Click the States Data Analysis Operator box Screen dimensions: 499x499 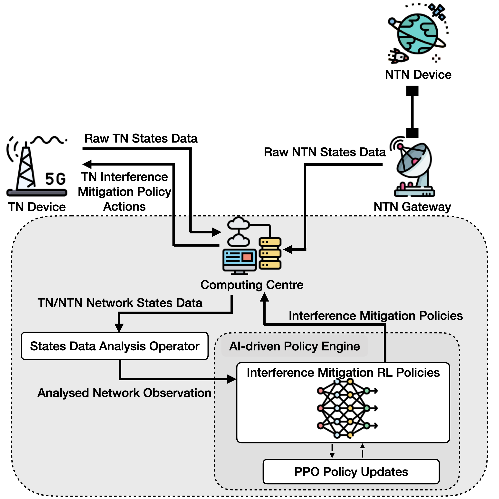click(x=115, y=346)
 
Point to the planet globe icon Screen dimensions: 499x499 click(x=418, y=34)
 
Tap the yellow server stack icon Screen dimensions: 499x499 click(x=270, y=253)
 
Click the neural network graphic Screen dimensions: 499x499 click(x=347, y=408)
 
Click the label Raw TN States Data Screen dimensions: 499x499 click(x=141, y=138)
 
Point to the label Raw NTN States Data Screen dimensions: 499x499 click(x=325, y=152)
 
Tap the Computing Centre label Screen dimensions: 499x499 click(x=252, y=285)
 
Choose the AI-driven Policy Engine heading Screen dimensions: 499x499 click(x=294, y=346)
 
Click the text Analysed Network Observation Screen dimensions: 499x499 click(x=124, y=393)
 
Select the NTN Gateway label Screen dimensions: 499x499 click(x=412, y=207)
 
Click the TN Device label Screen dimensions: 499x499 click(x=37, y=207)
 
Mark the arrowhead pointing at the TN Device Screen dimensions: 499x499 click(x=87, y=164)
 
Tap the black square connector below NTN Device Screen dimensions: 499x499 click(x=412, y=91)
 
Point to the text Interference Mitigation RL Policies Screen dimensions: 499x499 click(x=343, y=373)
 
